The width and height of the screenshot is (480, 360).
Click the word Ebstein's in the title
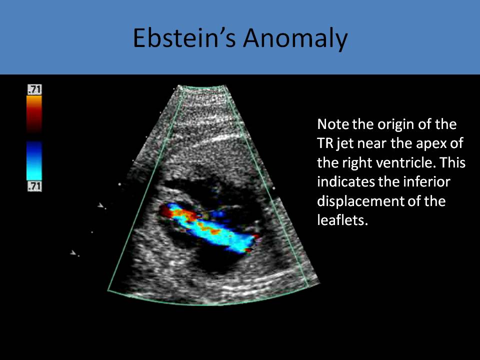pyautogui.click(x=184, y=38)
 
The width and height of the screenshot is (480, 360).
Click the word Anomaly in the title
pyautogui.click(x=295, y=38)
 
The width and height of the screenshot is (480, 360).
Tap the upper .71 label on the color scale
pyautogui.click(x=34, y=89)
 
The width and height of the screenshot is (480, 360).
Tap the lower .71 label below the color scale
pyautogui.click(x=34, y=186)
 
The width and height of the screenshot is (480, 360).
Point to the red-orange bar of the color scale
pyautogui.click(x=34, y=114)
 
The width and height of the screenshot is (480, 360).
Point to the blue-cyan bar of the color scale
pyautogui.click(x=34, y=160)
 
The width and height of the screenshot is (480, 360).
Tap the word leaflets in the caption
pyautogui.click(x=342, y=220)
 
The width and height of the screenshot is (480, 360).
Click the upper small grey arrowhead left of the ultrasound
pyautogui.click(x=100, y=205)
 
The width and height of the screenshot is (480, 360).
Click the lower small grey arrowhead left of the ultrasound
pyautogui.click(x=73, y=252)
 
